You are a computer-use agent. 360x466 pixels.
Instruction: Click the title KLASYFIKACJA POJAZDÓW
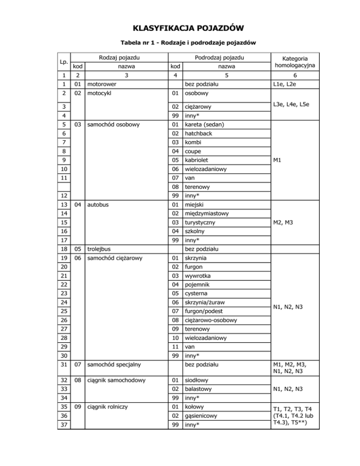click(x=180, y=28)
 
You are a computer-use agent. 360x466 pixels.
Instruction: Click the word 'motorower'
click(x=101, y=84)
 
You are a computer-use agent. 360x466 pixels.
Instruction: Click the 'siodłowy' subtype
click(x=198, y=381)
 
